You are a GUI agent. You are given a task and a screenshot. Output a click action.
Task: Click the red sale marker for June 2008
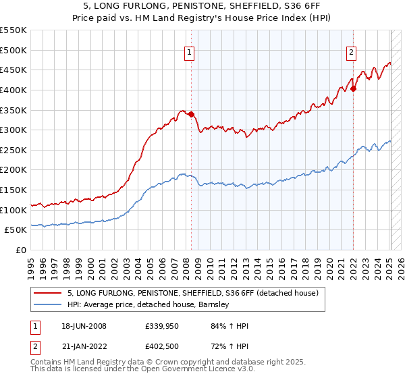191,114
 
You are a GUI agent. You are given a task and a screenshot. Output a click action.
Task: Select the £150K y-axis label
13,190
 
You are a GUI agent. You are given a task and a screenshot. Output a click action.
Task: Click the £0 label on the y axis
21,250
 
